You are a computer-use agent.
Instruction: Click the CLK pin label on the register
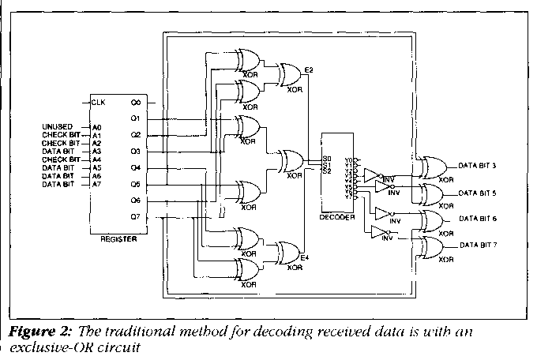(99, 102)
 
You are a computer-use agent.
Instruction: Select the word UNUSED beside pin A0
(58, 126)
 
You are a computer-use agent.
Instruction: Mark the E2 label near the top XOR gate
(309, 71)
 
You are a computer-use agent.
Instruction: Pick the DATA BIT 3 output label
(479, 167)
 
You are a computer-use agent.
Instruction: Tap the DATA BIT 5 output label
(479, 193)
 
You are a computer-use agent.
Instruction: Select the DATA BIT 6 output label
(479, 218)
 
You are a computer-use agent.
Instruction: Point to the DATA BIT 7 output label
(479, 246)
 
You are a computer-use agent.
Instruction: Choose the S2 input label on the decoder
(328, 171)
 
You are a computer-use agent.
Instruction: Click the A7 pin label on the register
(96, 184)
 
